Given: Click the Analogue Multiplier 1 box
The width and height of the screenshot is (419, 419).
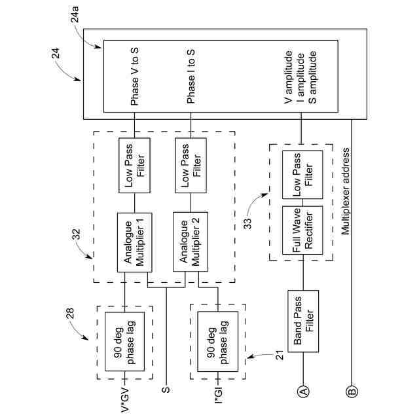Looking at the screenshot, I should (134, 242).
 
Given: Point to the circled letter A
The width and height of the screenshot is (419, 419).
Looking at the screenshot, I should (302, 391).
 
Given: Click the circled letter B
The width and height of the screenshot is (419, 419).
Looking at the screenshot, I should (352, 392).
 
